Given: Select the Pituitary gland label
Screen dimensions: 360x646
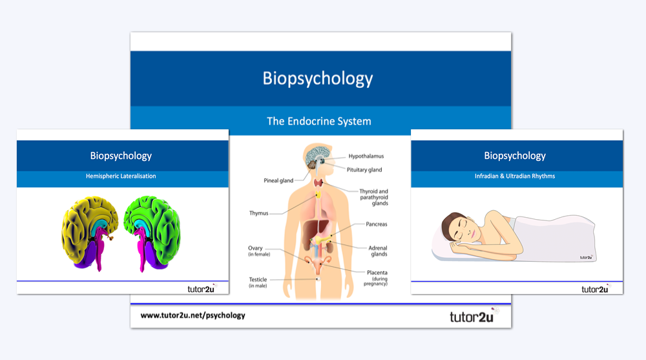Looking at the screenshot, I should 364,170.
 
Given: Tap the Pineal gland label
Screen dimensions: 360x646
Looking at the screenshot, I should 279,181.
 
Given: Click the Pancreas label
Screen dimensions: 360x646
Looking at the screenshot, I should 376,224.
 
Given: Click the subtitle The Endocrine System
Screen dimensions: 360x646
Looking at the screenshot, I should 319,121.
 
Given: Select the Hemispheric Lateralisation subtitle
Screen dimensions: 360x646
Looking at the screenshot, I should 122,176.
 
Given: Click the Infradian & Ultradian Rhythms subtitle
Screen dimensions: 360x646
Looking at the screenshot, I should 515,176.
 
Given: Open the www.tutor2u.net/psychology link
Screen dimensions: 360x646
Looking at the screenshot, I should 193,316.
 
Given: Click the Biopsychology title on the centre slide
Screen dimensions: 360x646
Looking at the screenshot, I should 318,78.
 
